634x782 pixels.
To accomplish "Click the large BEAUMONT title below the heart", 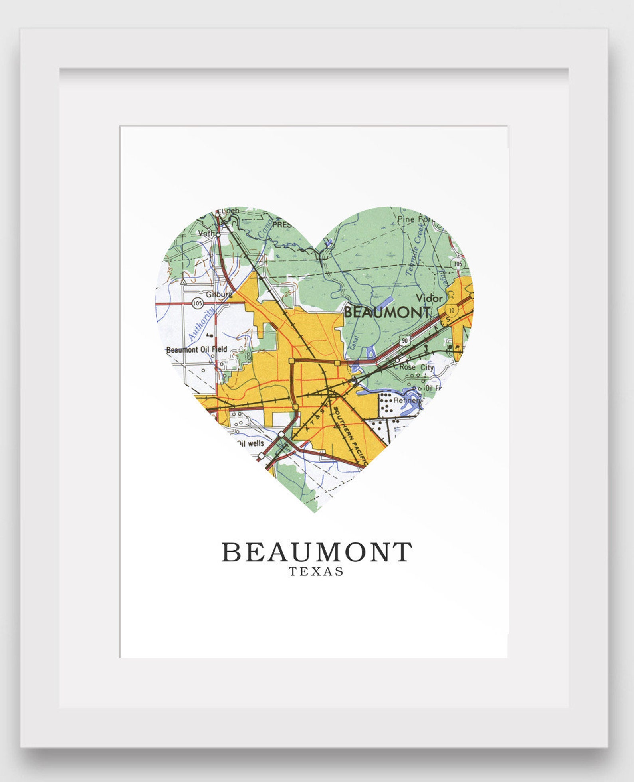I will [x=317, y=552].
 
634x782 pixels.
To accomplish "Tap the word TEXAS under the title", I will [x=316, y=572].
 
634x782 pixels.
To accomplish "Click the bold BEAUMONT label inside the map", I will [x=387, y=312].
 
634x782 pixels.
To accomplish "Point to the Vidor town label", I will [x=429, y=298].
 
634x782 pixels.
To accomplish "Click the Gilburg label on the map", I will [x=219, y=295].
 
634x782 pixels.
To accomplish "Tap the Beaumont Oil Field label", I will [x=196, y=350].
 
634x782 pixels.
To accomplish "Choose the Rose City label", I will [x=416, y=367].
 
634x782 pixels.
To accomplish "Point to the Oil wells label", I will [x=250, y=443].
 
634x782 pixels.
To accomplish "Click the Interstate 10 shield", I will [x=451, y=310].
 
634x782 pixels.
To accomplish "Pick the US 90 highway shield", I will [x=405, y=341].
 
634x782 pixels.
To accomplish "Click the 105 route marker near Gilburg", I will [x=197, y=304].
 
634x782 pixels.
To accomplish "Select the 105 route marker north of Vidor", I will [x=458, y=264].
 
